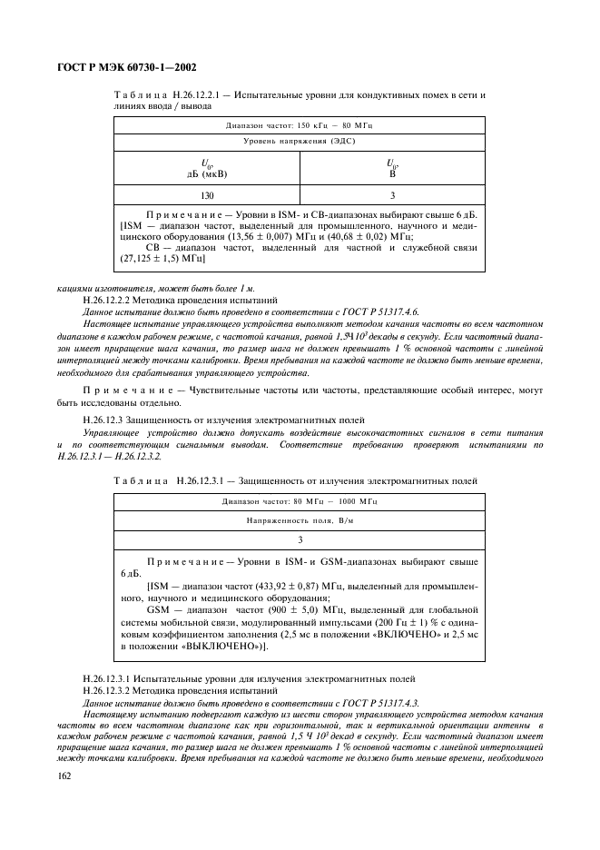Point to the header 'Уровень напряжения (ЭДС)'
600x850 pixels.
[x=299, y=142]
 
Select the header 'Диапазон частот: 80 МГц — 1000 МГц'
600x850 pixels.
[x=299, y=500]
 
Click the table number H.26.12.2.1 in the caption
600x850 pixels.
[x=205, y=94]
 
